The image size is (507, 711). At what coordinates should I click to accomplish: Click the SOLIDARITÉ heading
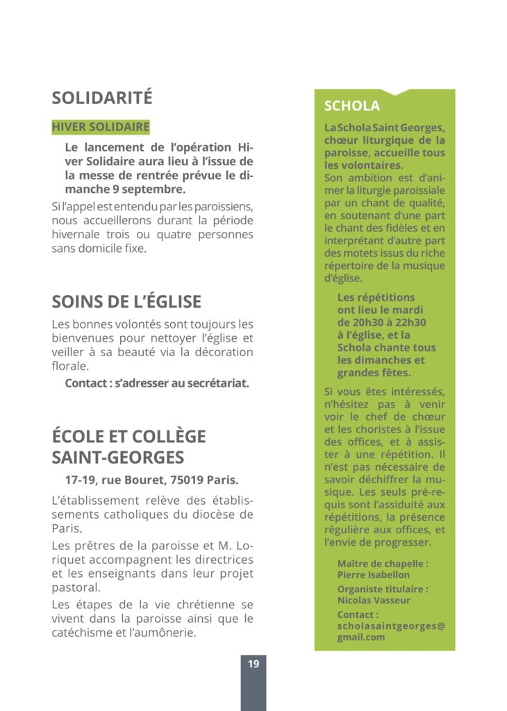(101, 98)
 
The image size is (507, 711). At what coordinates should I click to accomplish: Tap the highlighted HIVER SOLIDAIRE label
(101, 127)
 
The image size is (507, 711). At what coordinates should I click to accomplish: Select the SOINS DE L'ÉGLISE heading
(126, 301)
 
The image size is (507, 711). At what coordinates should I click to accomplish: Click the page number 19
(253, 664)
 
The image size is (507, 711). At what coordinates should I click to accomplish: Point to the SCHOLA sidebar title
(352, 106)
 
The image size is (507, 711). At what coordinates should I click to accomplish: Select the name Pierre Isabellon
(374, 575)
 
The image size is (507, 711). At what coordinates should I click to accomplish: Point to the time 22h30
(410, 322)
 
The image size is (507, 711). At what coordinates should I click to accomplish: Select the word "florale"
(70, 366)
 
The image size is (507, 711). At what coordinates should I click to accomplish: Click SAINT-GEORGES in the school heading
(118, 458)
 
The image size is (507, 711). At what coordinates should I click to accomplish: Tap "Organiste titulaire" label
(383, 589)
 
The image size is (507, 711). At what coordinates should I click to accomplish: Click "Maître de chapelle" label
(383, 563)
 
